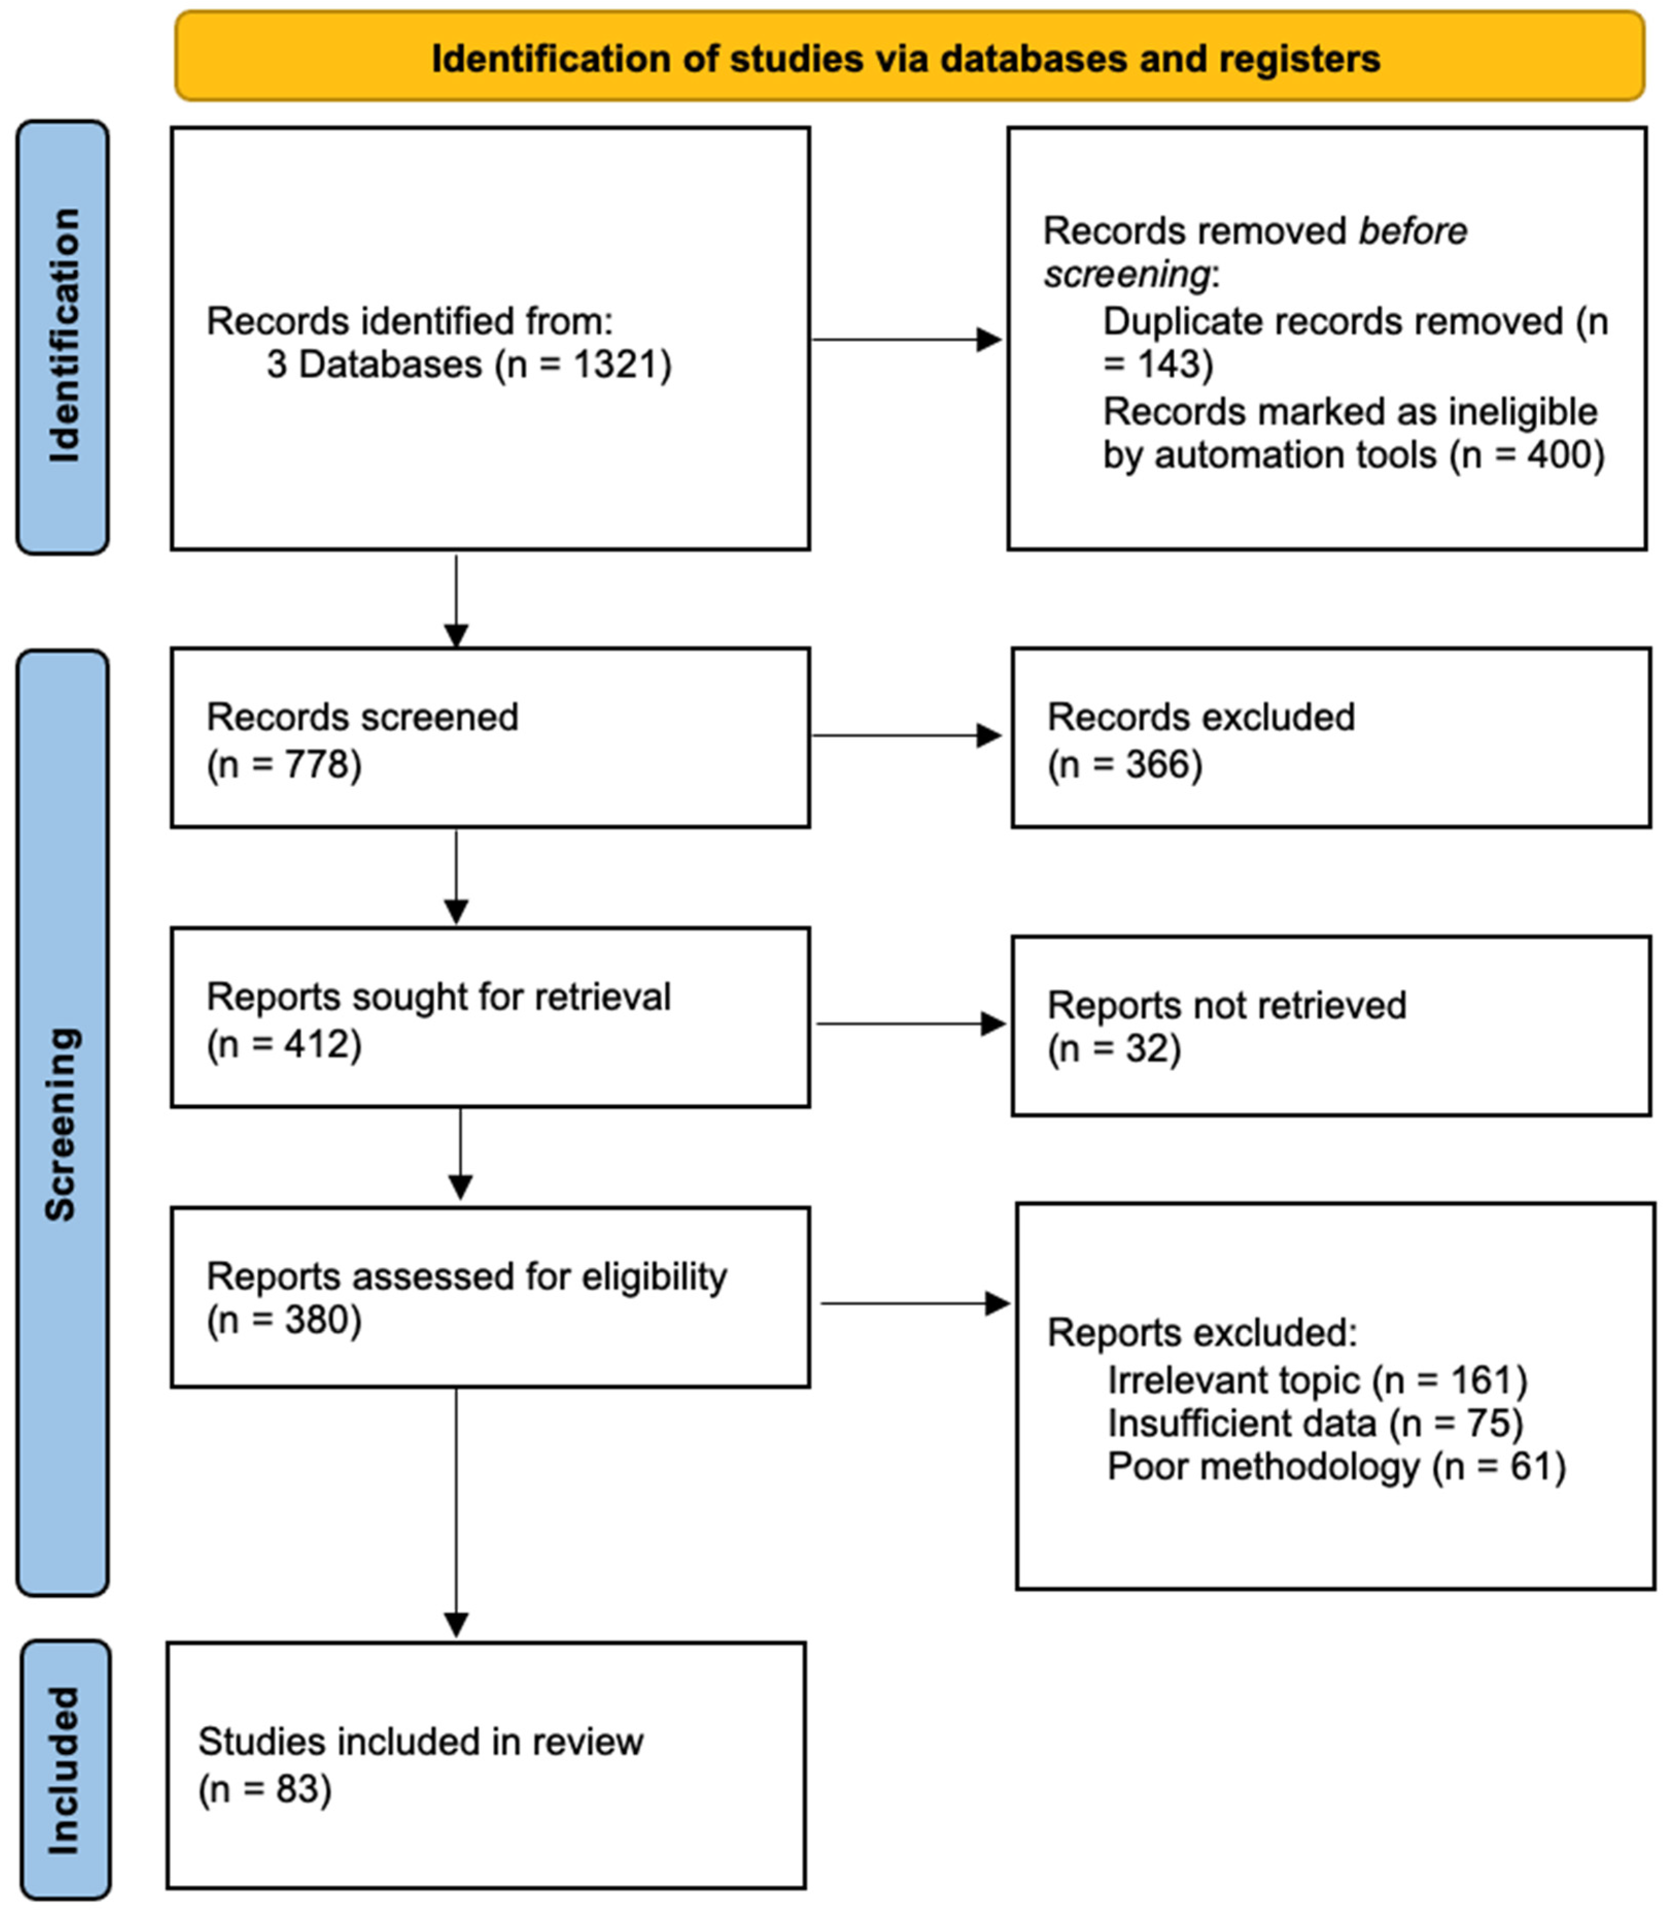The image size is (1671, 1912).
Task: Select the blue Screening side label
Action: pos(62,1124)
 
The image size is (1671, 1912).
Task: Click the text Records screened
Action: pos(362,717)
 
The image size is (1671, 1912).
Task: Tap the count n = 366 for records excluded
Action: pos(1125,764)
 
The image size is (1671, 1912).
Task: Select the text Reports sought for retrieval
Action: pos(438,996)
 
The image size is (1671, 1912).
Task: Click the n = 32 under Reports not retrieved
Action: pos(1115,1049)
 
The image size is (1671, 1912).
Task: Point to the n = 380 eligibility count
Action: pos(284,1320)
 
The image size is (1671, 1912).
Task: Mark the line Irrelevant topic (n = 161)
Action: pos(1317,1380)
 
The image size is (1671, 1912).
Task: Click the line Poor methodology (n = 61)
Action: pos(1335,1466)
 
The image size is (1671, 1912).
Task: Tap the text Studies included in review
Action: pos(421,1742)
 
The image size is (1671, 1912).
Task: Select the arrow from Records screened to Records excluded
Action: pos(907,735)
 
